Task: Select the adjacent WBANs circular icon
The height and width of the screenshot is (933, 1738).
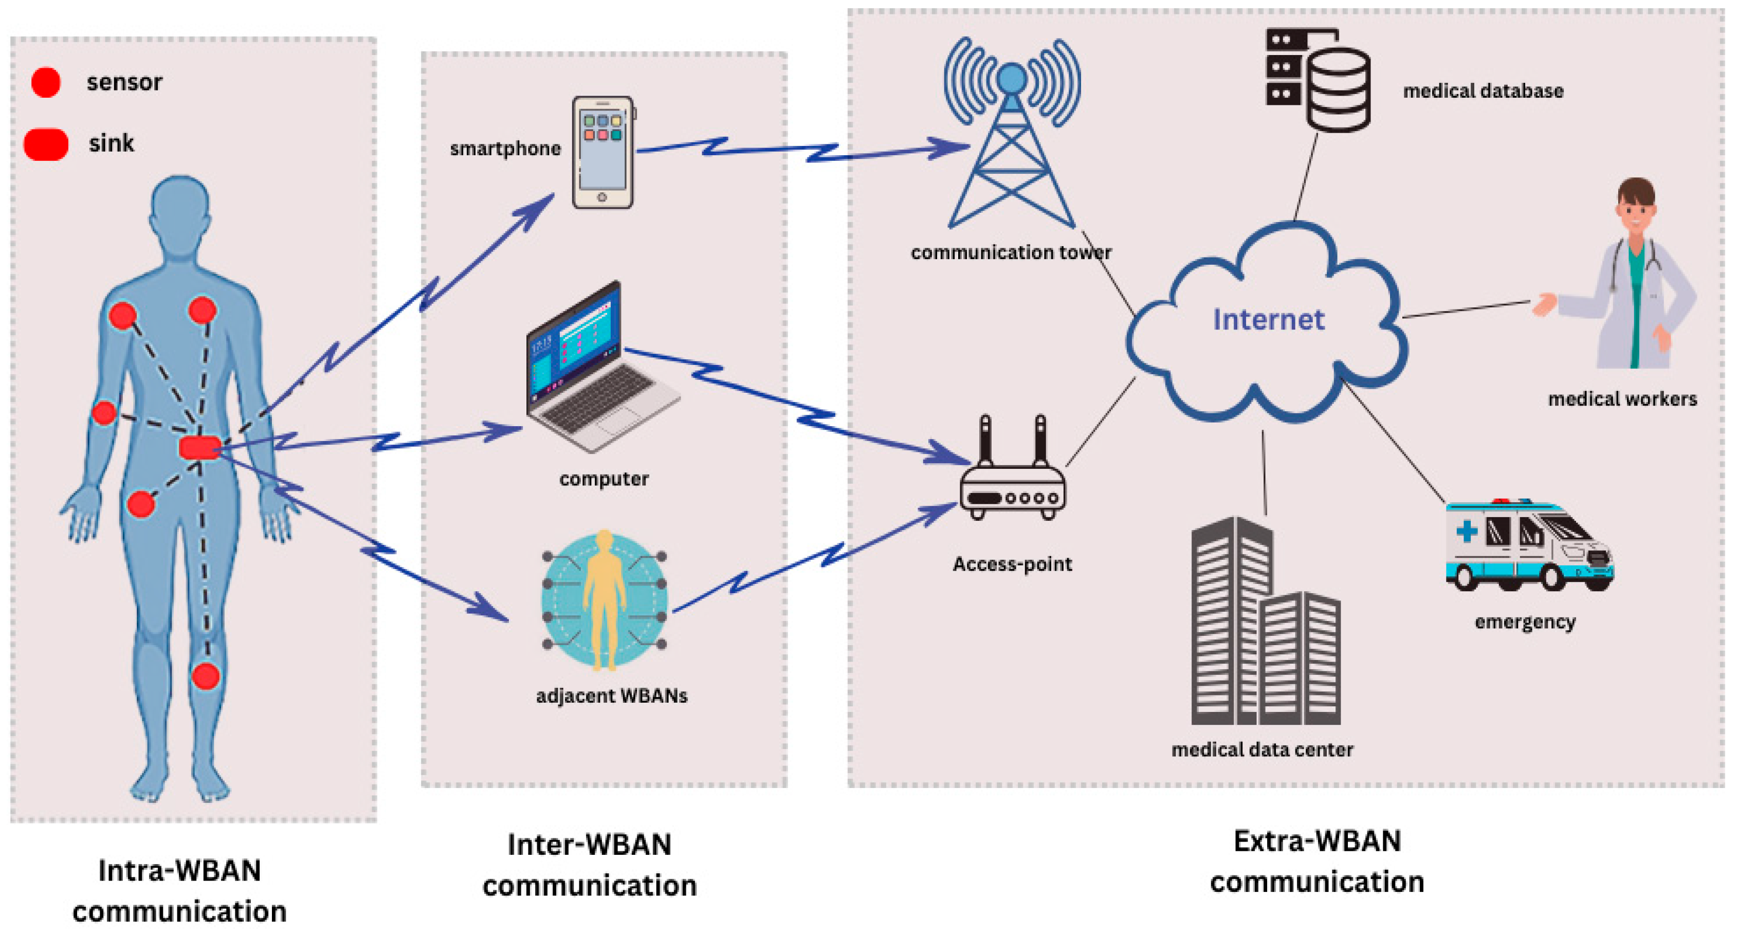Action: point(605,600)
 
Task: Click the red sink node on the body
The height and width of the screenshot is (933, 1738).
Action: point(199,447)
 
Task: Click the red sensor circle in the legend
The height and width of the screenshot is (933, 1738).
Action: point(46,82)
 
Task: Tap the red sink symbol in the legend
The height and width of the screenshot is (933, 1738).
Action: point(46,144)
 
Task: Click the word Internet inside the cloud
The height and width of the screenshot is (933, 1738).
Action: point(1269,320)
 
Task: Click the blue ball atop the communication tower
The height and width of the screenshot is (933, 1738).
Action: point(1011,78)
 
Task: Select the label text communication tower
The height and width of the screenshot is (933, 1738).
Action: point(1011,252)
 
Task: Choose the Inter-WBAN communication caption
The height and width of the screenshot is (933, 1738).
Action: point(589,865)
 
